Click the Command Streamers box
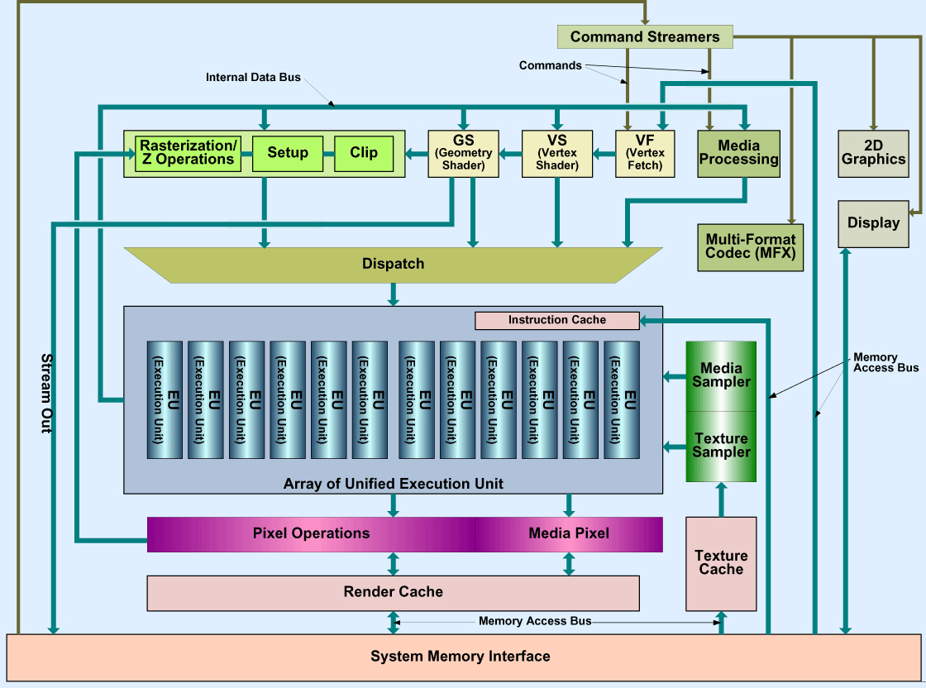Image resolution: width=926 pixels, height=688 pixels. [645, 36]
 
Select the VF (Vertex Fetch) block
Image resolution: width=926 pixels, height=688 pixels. [645, 153]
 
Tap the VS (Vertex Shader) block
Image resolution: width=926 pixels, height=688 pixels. [556, 153]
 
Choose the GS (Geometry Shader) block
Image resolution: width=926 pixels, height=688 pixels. [463, 153]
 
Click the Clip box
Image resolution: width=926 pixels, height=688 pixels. [364, 153]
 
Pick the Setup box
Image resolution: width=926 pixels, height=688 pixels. [288, 153]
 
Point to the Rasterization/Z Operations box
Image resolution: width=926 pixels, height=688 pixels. [189, 153]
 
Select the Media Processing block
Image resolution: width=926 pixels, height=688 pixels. [738, 153]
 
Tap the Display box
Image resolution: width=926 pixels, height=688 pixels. [873, 223]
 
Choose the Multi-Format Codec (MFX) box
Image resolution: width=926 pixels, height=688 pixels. [750, 246]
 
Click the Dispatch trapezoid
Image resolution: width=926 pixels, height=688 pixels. [393, 264]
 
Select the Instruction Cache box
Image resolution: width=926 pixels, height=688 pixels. [556, 320]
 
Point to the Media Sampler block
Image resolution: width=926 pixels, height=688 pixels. [721, 375]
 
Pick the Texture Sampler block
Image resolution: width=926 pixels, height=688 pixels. [721, 446]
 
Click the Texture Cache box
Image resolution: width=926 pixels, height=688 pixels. [721, 563]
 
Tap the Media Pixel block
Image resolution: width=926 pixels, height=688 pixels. [569, 534]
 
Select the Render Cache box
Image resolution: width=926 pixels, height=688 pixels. [393, 592]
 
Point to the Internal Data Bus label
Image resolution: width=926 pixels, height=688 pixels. [253, 78]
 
